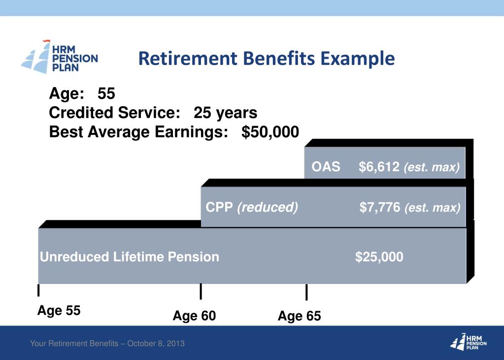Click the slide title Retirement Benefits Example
point(267,59)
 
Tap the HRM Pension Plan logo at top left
point(60,57)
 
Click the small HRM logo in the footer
point(468,341)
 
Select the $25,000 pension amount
point(379,257)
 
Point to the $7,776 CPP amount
point(379,207)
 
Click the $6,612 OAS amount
point(379,167)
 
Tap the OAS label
point(326,167)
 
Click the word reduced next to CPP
point(268,207)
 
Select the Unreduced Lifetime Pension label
point(129,257)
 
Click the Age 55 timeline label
point(59,311)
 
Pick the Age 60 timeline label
point(194,316)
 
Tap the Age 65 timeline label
point(299,316)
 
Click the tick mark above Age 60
point(201,292)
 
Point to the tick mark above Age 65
point(306,292)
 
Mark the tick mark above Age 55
point(38,291)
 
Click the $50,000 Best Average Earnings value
point(270,132)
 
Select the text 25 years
point(225,113)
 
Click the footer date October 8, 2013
point(156,343)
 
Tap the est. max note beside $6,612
point(432,167)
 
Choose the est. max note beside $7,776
point(432,208)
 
